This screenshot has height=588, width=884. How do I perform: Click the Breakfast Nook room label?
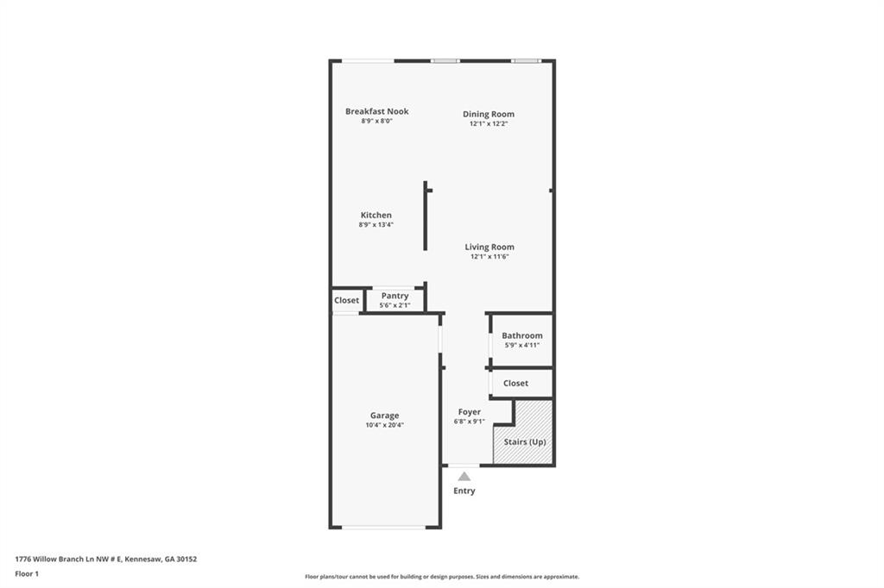376,111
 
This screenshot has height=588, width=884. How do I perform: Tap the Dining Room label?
488,114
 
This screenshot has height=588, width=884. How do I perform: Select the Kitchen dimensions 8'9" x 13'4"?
376,225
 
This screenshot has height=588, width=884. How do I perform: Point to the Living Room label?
489,247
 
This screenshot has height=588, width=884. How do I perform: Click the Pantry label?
395,296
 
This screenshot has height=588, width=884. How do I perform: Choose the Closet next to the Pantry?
346,300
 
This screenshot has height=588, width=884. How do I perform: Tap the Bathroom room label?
521,335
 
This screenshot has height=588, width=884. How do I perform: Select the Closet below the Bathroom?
515,383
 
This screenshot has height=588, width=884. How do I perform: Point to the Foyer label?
469,412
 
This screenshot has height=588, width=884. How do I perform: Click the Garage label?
384,416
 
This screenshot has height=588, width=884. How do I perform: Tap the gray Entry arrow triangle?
464,476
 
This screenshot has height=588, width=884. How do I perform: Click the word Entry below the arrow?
464,491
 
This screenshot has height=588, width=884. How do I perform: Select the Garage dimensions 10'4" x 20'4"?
384,425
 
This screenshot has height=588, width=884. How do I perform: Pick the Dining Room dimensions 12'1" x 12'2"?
488,123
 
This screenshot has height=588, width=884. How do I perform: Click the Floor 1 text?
27,573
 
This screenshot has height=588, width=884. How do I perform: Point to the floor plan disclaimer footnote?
441,577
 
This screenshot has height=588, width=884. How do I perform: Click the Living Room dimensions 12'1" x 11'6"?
489,256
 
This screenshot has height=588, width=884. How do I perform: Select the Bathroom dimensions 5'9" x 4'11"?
521,345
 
